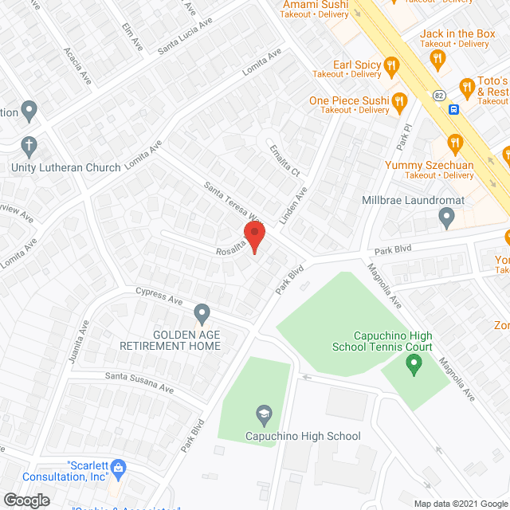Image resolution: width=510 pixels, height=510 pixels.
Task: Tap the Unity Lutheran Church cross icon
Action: coord(29,146)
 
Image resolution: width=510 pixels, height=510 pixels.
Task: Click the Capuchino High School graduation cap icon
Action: coord(262,414)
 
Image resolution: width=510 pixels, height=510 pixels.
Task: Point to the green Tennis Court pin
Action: coord(413,365)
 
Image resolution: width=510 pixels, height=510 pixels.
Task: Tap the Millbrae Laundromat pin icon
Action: coord(446,215)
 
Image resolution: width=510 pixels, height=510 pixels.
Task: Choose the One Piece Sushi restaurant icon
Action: coord(400,100)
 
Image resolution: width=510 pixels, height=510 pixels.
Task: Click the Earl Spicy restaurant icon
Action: coord(390,65)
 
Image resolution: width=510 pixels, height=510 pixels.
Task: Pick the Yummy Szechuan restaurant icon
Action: coord(455,143)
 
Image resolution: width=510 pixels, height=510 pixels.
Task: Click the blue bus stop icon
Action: coord(453,109)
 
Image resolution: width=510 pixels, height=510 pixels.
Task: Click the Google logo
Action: coord(26,500)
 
